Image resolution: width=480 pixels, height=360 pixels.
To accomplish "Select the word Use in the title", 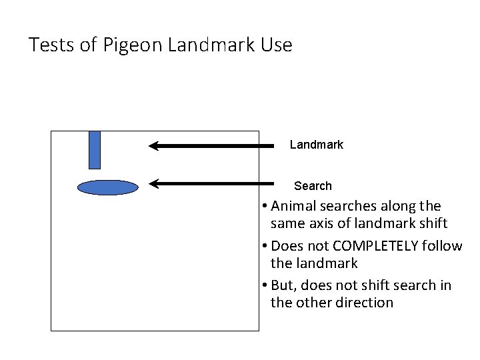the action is point(277,45).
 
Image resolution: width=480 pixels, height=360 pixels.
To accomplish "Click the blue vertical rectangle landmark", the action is point(95,149).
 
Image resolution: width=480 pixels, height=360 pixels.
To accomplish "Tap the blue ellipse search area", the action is point(107,187).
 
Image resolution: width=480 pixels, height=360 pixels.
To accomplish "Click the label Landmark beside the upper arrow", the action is point(316,145).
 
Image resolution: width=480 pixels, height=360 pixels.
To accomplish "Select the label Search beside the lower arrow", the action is point(313,186).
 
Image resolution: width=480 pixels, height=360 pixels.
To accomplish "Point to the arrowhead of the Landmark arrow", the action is point(154,145).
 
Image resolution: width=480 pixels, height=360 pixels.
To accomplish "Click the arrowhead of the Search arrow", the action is point(154,183).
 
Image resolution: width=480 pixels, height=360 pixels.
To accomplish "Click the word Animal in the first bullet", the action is point(295,206).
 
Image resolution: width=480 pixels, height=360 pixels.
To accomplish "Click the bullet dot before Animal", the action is point(265,206).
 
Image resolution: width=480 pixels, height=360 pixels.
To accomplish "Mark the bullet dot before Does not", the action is point(265,246).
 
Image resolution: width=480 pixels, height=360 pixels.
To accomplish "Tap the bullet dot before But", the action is point(265,285).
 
